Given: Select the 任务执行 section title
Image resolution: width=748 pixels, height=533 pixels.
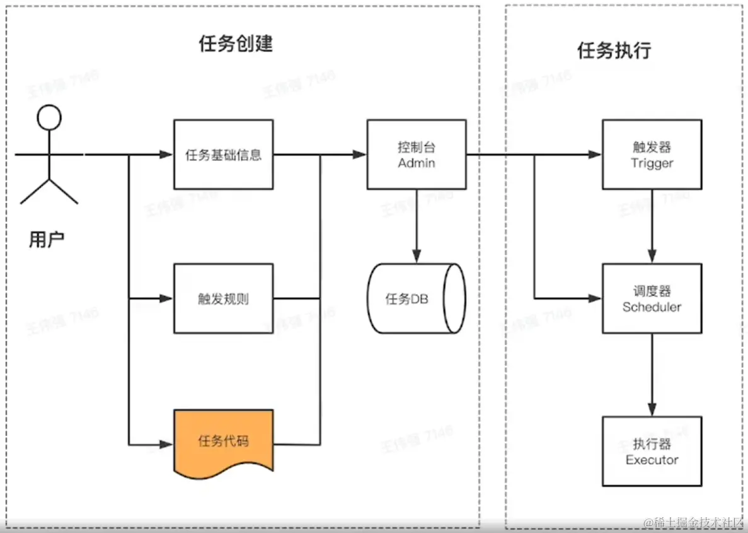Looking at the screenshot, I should point(614,50).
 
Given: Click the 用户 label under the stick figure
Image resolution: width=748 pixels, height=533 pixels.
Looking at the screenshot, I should point(47,240).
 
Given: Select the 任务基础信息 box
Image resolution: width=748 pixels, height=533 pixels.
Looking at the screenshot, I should point(224,155).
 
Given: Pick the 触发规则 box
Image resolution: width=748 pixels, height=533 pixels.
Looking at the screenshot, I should point(224,298).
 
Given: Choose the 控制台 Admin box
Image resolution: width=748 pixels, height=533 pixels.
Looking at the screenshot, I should point(417,155).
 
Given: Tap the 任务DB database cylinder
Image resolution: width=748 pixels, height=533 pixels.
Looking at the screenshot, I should point(417,298).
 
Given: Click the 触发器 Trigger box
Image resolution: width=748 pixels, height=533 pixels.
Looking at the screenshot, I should point(652,155).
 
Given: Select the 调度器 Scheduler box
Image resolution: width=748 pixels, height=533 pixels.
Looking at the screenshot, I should point(652,298).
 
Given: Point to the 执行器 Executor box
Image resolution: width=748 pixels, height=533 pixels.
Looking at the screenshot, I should point(652,451).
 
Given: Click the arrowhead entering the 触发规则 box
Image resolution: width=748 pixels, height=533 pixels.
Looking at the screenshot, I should point(166,298).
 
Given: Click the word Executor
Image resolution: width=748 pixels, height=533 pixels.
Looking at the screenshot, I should point(652,460).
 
